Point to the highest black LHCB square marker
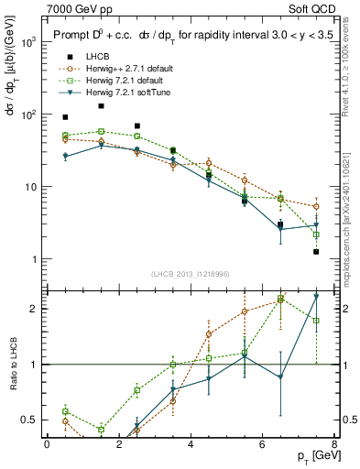point(101,106)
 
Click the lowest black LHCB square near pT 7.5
point(316,251)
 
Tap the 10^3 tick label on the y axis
point(28,42)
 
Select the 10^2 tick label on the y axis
point(28,115)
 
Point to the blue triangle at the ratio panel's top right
point(316,296)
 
